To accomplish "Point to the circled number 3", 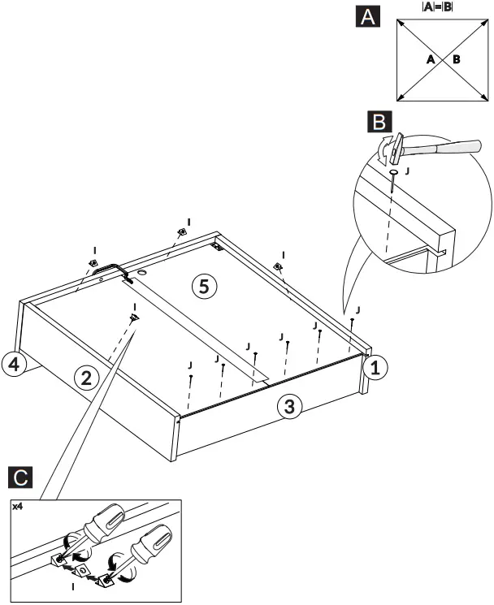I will coord(286,407).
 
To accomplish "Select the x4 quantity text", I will coord(17,506).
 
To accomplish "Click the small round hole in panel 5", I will coord(141,275).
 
